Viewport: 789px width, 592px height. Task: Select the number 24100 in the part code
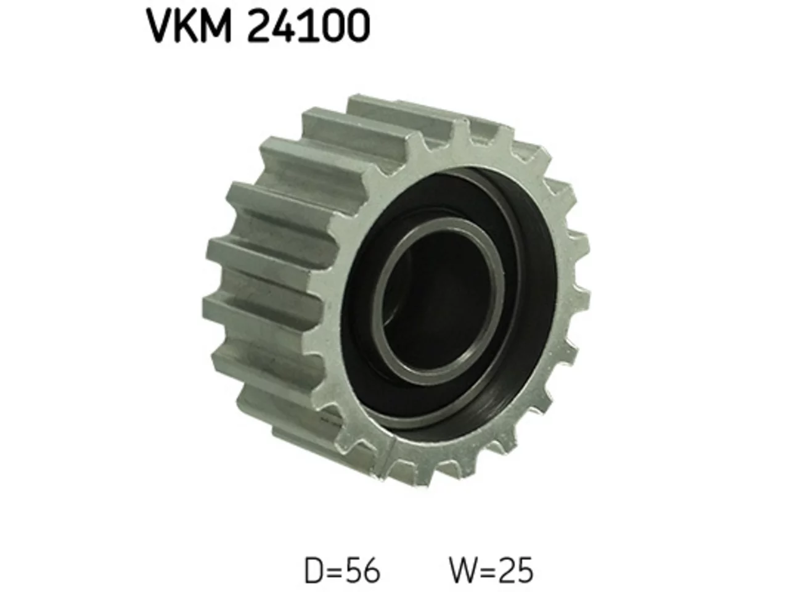[x=308, y=26]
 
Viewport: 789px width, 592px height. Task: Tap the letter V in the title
[x=159, y=26]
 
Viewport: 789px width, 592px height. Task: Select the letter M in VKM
[x=215, y=26]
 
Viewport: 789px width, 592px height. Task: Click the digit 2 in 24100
[x=259, y=26]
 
